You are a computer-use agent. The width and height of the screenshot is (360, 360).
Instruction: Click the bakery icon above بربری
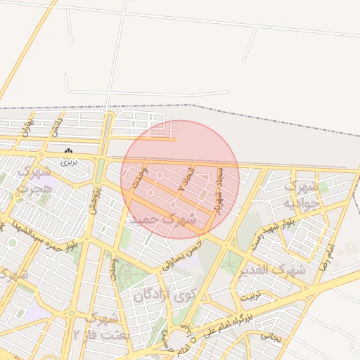68,152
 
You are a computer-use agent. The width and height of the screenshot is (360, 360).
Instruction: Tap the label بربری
67,162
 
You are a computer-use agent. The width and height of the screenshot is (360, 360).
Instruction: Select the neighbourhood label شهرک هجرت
34,181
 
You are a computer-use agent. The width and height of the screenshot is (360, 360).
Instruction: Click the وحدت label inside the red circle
141,176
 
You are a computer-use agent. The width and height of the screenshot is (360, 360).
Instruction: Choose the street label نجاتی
270,336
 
